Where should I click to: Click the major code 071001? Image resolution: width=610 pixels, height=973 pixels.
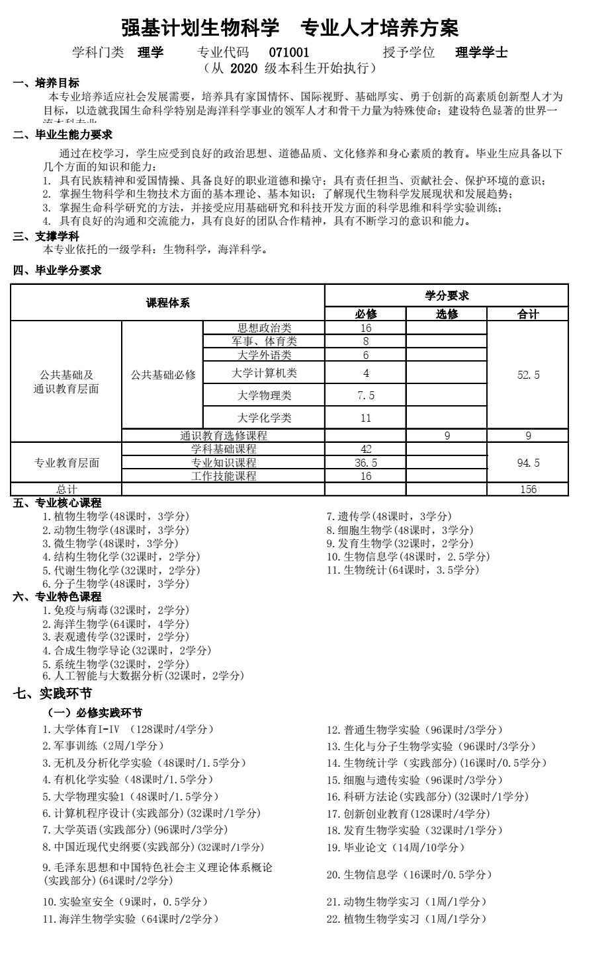[289, 53]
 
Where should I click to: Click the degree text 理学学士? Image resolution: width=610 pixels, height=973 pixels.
[482, 53]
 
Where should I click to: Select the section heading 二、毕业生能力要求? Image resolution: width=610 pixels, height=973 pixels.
[63, 135]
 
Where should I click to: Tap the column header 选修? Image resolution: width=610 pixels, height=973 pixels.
[447, 314]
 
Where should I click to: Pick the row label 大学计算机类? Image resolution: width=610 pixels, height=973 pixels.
[264, 373]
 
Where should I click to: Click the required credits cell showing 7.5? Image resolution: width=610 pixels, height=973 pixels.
[365, 395]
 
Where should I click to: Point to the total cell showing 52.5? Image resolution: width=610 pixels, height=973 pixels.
[527, 375]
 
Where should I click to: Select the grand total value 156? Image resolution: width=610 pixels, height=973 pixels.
[528, 489]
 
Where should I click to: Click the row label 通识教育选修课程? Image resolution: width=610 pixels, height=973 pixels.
[224, 436]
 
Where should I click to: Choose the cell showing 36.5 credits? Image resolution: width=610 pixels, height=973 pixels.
[365, 463]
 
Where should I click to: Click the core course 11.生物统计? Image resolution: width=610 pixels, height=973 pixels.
[402, 569]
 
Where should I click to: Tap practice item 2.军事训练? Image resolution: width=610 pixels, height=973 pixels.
[103, 746]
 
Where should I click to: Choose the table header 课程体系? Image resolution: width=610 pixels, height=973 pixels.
[167, 303]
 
